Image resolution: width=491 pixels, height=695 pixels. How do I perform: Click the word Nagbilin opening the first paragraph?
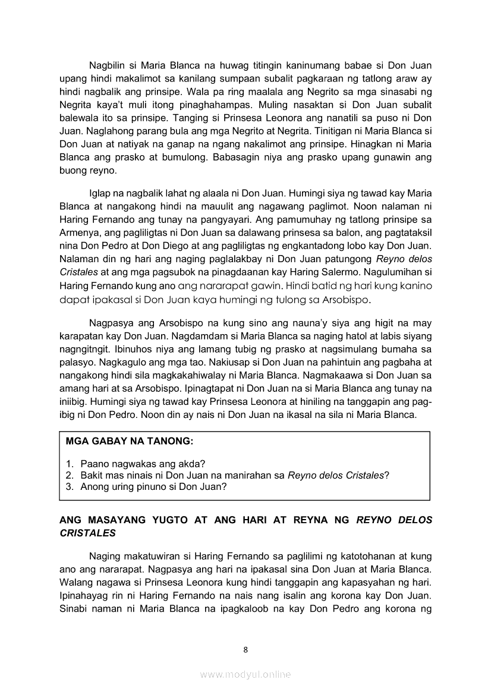109,65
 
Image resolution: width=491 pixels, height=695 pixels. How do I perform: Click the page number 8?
245,649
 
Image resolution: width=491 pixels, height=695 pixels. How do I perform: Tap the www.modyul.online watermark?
245,674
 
